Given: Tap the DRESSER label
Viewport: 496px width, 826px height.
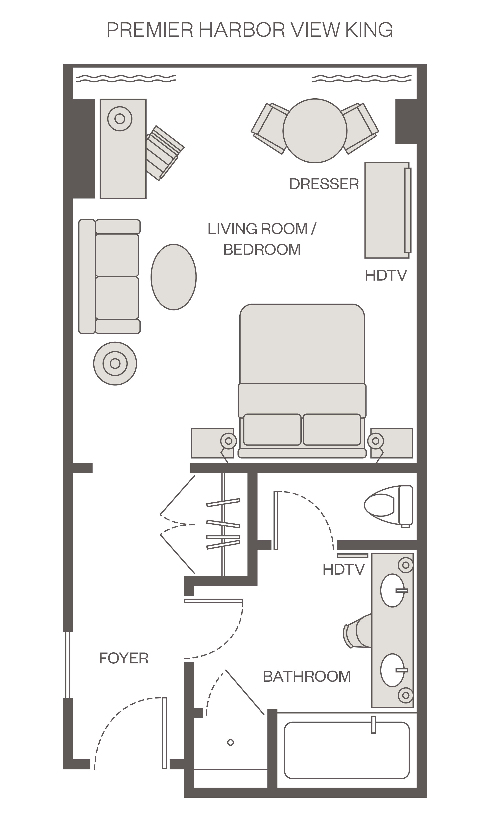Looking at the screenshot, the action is pos(324,184).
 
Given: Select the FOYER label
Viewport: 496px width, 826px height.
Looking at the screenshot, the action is pos(124,658).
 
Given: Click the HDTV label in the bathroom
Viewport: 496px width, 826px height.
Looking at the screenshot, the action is pos(343,569).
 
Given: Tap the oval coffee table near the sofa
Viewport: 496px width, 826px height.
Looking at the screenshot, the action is pos(174,277).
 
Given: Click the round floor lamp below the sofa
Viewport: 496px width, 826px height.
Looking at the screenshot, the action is pos(115,364).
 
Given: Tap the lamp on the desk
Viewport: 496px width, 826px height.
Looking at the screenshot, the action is pos(120,119).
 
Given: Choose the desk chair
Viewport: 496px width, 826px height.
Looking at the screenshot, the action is pos(164,153).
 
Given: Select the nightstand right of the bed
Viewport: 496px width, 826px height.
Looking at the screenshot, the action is pos(391,443).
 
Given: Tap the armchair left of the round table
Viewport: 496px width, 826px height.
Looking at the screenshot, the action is pos(270,128).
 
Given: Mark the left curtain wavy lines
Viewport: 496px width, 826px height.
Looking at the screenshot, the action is pos(126,79).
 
